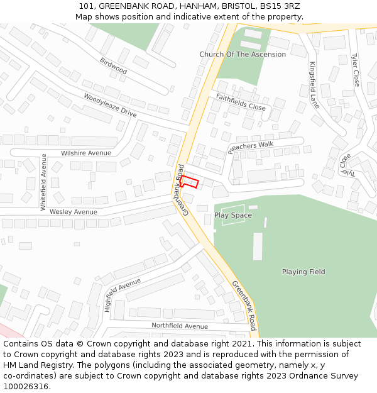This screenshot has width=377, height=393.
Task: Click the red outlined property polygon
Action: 190,182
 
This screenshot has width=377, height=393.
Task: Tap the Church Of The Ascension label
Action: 243,55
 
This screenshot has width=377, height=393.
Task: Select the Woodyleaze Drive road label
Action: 110,104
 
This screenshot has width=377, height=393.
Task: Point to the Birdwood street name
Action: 113,66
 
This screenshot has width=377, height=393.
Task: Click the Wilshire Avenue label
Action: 86,153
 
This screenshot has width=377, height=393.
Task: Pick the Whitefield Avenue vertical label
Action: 43,182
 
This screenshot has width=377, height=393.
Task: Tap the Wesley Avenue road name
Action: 74,212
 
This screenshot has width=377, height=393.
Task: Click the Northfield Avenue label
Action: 179,326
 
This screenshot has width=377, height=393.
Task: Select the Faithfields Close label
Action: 241,102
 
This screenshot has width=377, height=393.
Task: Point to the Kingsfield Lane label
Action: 314,84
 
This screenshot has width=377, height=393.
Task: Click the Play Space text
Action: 233,215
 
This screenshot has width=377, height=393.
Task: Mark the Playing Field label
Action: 303,272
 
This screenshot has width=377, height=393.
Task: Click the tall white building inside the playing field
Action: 258,246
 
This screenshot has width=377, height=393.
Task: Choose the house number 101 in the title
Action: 87,6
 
